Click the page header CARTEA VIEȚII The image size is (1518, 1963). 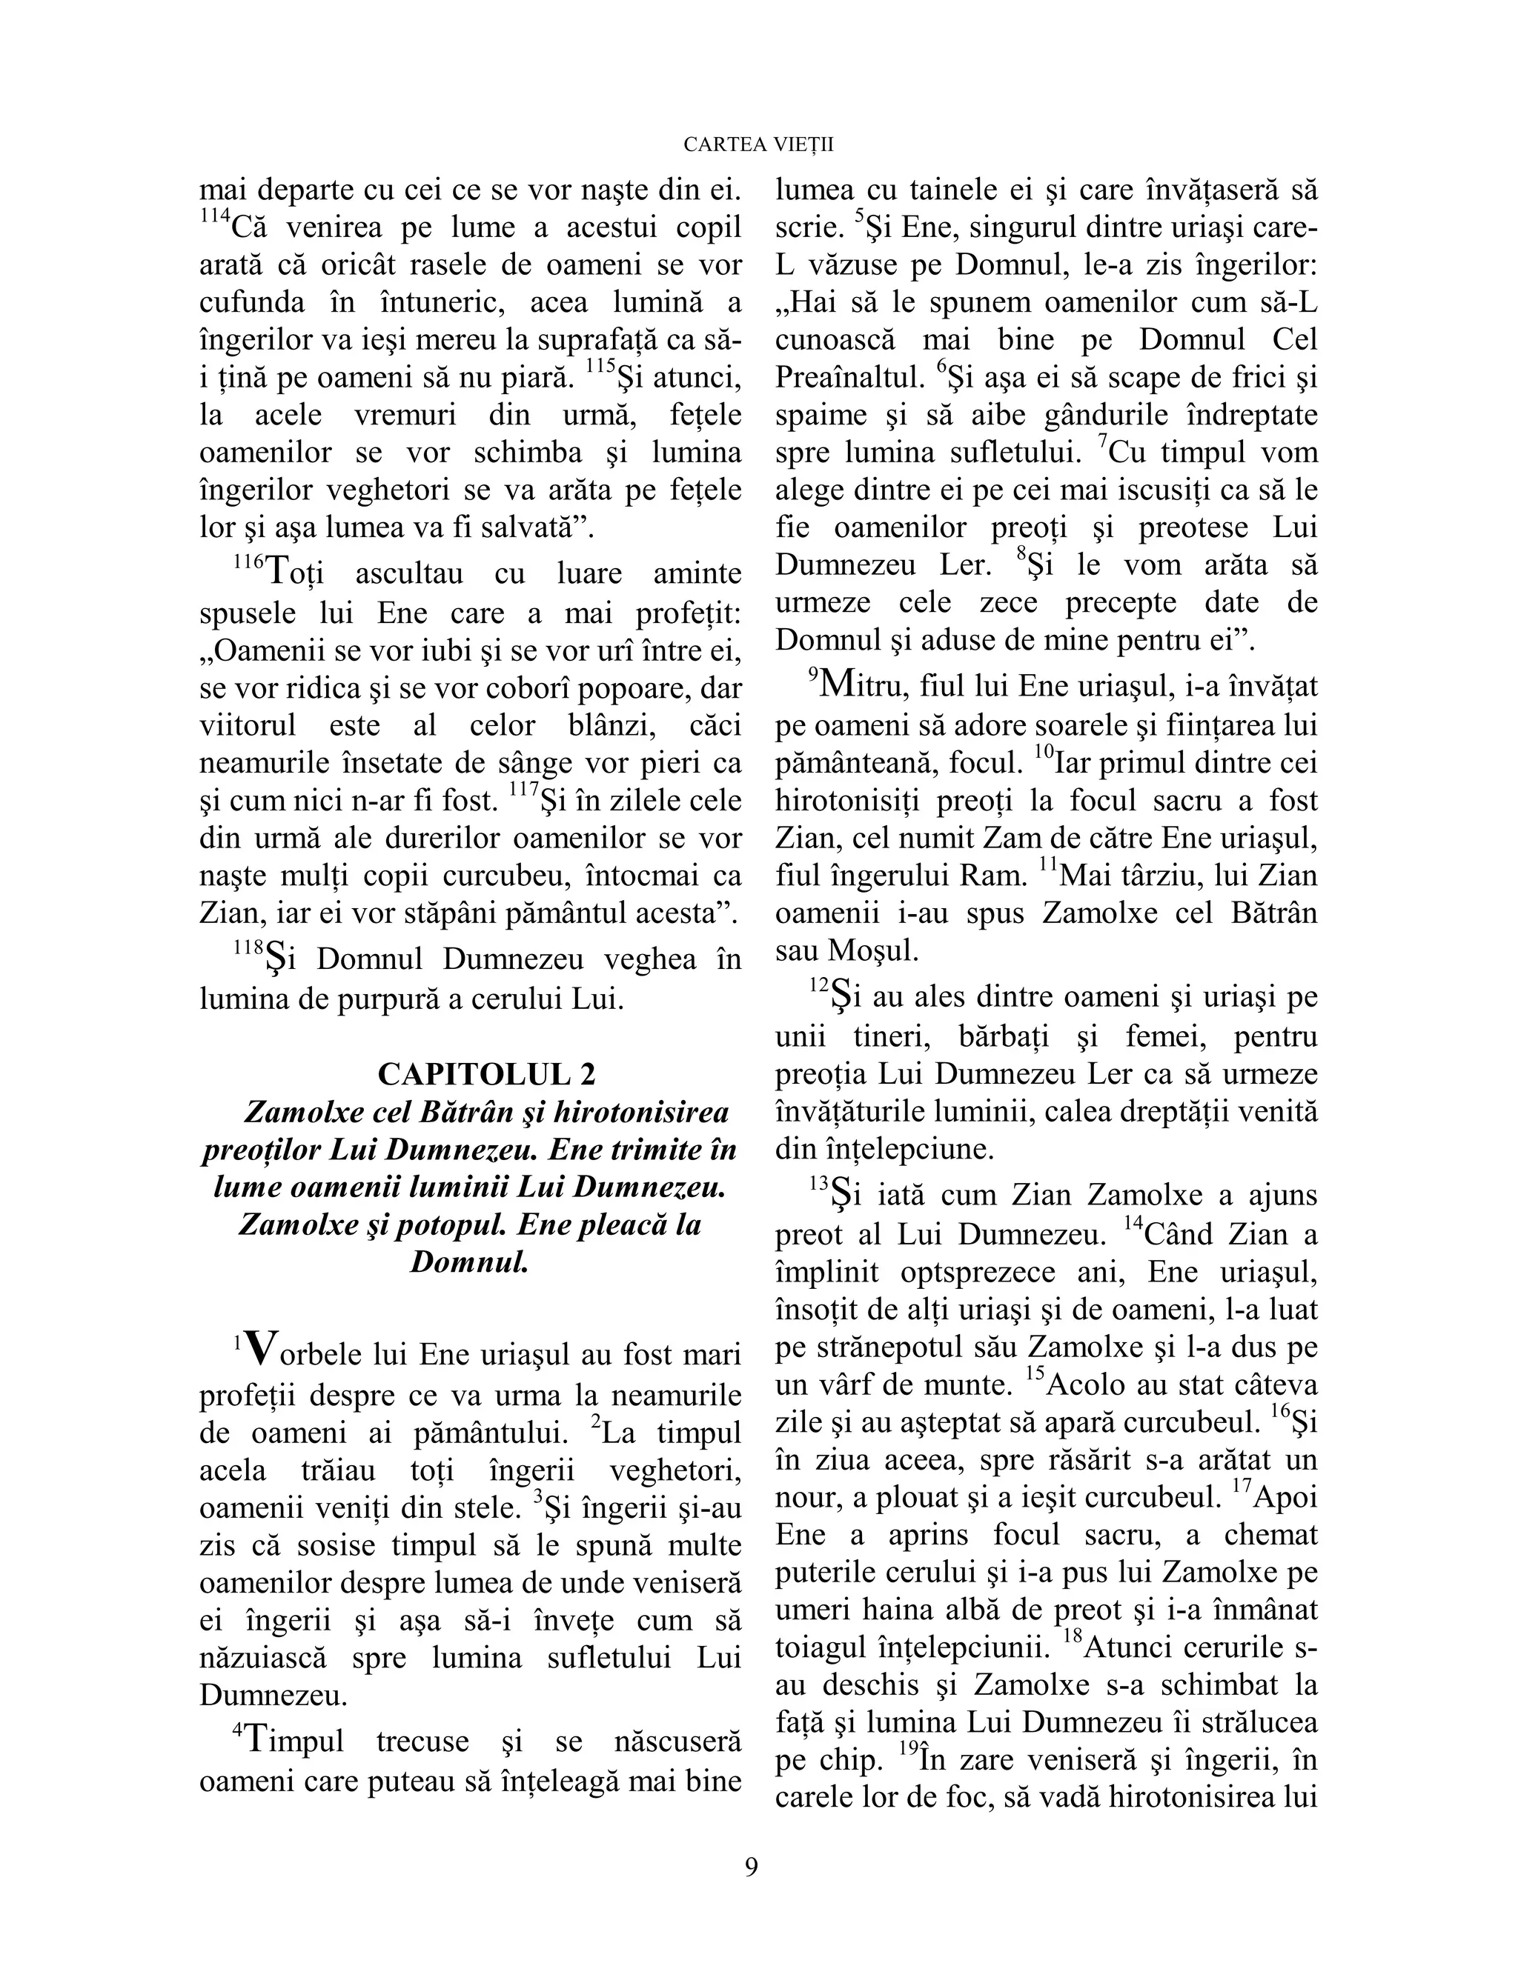pos(758,144)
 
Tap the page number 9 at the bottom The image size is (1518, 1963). pos(752,1867)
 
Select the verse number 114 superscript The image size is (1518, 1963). pos(213,218)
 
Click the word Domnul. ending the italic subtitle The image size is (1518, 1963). pos(468,1263)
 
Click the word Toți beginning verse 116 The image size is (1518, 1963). pos(295,573)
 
